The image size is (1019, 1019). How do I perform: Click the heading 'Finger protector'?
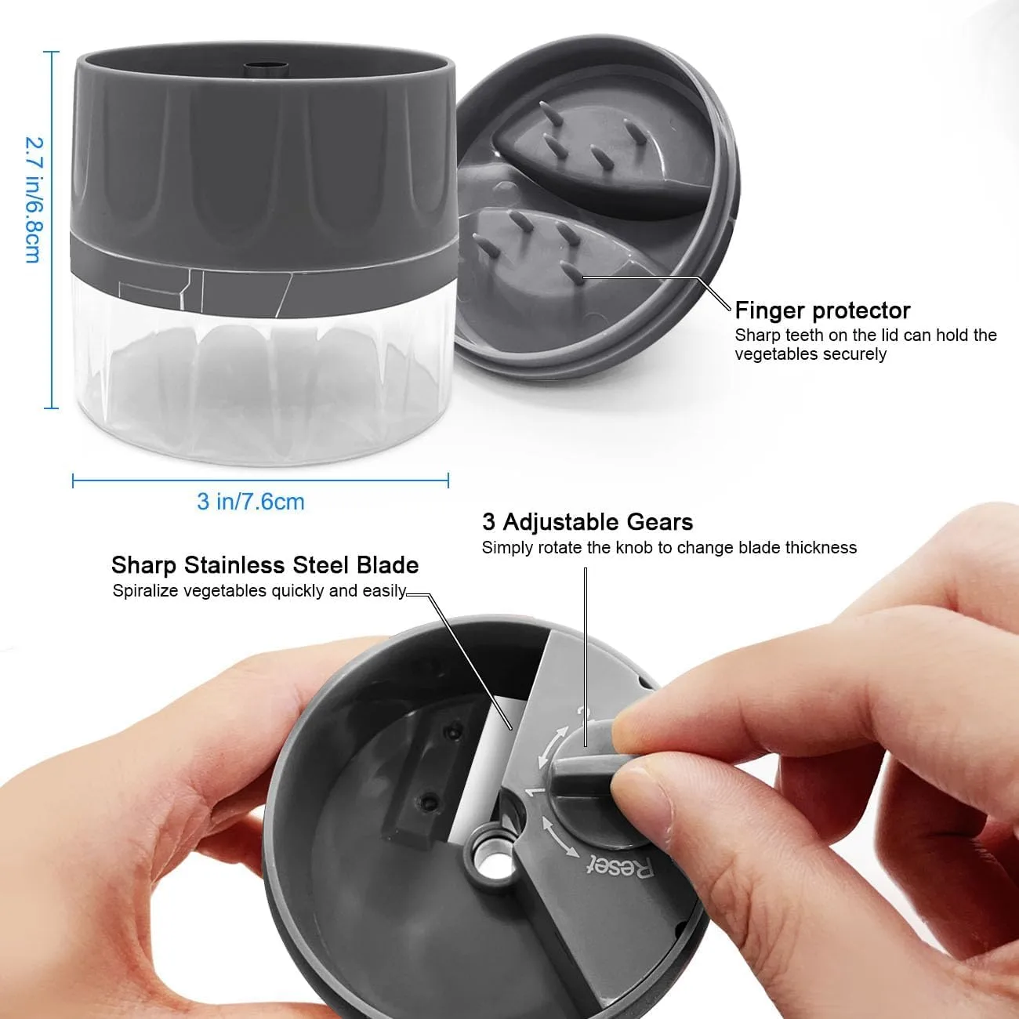tap(822, 310)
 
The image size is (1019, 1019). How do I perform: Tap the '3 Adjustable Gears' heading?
tap(587, 522)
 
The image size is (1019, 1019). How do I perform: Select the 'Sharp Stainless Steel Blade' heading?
tap(265, 564)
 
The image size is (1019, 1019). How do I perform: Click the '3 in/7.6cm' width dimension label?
tap(251, 502)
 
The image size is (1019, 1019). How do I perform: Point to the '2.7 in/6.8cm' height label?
tap(34, 200)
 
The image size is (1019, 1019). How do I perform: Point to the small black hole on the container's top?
tap(266, 68)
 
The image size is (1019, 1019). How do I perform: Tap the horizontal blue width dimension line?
tap(260, 480)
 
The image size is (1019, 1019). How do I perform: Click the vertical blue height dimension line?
tap(51, 230)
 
